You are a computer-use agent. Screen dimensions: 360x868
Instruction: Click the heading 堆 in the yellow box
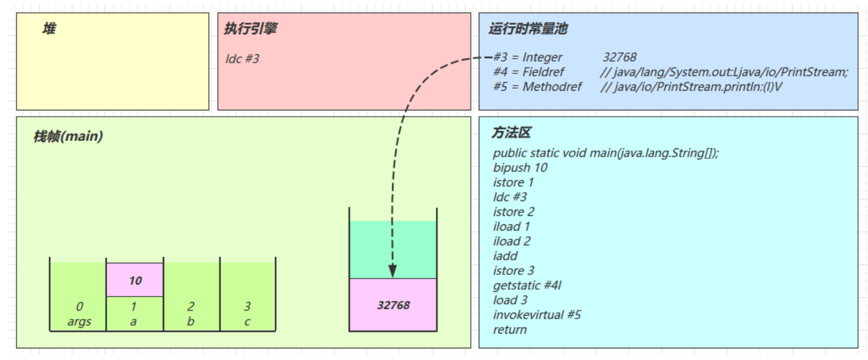click(x=49, y=29)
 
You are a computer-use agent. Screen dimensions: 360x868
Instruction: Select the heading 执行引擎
click(x=250, y=29)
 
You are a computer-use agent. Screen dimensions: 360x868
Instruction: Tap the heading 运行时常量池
click(x=527, y=29)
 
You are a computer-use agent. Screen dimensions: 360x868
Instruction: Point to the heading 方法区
click(x=511, y=132)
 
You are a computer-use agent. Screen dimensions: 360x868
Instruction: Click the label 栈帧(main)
click(x=68, y=136)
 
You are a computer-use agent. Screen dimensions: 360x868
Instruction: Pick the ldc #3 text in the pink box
click(x=242, y=59)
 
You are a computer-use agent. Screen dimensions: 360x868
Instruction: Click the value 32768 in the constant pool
click(x=619, y=57)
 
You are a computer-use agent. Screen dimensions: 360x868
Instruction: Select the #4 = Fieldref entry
click(x=529, y=72)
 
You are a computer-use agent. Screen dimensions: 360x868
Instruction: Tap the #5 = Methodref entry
click(x=537, y=87)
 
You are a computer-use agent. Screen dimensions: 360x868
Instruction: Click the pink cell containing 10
click(x=135, y=280)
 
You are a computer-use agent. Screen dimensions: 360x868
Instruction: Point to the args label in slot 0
click(x=79, y=321)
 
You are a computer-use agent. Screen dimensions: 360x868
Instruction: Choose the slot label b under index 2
click(x=191, y=321)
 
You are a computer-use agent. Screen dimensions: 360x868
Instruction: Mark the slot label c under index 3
click(x=247, y=321)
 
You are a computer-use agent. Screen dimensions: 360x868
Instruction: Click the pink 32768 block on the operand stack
click(x=393, y=305)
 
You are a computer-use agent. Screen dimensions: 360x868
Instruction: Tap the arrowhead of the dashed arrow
click(x=392, y=271)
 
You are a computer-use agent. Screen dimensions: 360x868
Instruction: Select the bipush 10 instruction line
click(x=520, y=168)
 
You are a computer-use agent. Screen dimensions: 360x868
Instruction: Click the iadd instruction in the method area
click(x=505, y=256)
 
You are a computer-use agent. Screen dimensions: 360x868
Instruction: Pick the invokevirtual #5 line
click(x=537, y=315)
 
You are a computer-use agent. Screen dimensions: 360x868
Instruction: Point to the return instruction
click(x=510, y=330)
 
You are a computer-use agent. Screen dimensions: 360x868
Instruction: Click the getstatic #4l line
click(x=527, y=286)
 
